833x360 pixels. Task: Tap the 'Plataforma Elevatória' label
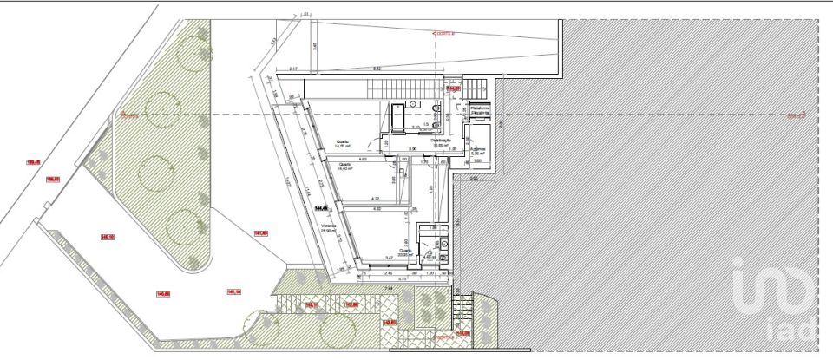(480, 110)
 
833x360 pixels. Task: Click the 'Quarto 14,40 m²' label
(344, 167)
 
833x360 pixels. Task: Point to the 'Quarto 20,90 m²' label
(404, 251)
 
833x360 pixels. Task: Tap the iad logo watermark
(775, 300)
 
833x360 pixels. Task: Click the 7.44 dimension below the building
(390, 287)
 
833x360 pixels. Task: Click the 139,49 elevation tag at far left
(34, 161)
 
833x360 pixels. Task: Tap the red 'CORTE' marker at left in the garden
(130, 115)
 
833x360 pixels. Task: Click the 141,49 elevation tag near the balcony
(260, 232)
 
